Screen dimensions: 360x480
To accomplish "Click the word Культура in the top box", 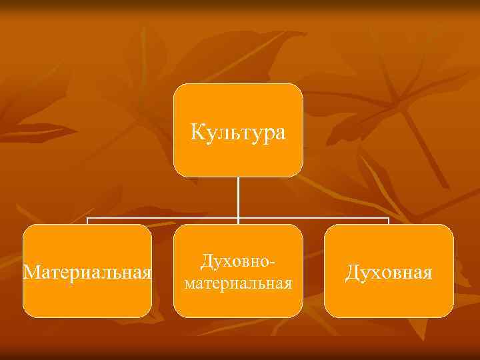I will [238, 132].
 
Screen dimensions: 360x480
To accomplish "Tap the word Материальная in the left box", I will [87, 273].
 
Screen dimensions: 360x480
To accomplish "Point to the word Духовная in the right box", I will [389, 273].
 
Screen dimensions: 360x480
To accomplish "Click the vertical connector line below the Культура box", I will [238, 197].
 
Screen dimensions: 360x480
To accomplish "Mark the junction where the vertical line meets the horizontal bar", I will [238, 218].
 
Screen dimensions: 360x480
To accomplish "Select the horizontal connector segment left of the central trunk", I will [163, 218].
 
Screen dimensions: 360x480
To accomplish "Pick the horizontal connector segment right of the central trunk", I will [313, 218].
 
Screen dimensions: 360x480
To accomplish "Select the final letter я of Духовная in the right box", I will [427, 273].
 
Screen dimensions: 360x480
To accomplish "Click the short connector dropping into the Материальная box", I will [88, 221].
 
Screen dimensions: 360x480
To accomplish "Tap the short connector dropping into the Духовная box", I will [389, 221].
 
